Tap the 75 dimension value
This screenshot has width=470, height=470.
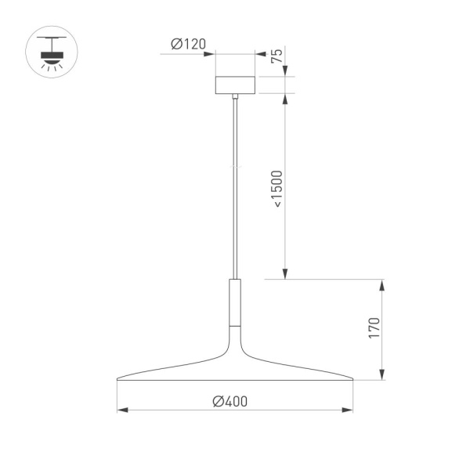tap(276, 56)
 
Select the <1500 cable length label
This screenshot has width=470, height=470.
tap(277, 188)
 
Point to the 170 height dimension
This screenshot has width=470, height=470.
tap(374, 328)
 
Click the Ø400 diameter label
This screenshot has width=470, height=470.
tap(230, 401)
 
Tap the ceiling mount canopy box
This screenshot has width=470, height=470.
tap(235, 85)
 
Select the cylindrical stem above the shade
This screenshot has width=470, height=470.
tap(235, 301)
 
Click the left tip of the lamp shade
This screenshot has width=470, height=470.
tap(117, 380)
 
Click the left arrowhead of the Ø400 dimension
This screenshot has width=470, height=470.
tap(121, 410)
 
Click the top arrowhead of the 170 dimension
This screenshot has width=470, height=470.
tap(382, 283)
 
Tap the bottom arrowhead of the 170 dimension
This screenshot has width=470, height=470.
tap(382, 377)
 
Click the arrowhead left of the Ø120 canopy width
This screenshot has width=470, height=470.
tap(211, 53)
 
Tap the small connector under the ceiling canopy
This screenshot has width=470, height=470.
tap(235, 97)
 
